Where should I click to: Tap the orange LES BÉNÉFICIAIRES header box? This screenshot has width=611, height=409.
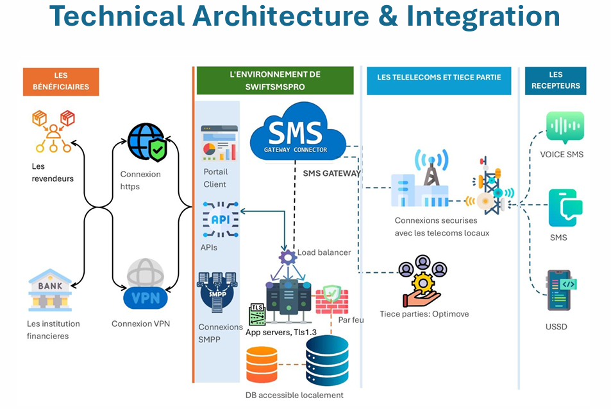pos(61,81)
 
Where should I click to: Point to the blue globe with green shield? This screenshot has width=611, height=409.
pos(147,143)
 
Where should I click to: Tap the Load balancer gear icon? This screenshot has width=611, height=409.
pos(287,257)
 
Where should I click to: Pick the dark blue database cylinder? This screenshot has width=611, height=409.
pos(327,360)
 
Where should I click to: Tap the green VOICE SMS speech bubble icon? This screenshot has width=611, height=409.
pos(565,128)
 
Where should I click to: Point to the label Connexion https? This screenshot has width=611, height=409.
pos(140,180)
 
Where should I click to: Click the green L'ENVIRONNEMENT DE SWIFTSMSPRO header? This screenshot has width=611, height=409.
pos(275,80)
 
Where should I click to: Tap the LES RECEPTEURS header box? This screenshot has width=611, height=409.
pos(555,80)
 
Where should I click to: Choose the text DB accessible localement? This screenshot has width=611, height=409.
pos(294,395)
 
